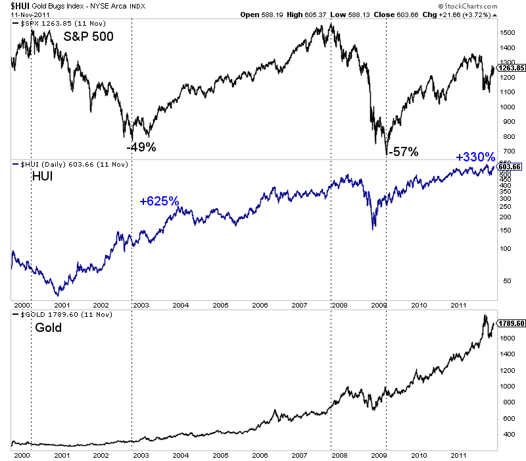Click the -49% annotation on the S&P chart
tap(141, 148)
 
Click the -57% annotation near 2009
tap(403, 152)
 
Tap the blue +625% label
tap(159, 202)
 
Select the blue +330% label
tap(475, 157)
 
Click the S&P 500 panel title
tap(89, 37)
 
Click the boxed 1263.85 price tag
tap(510, 67)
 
